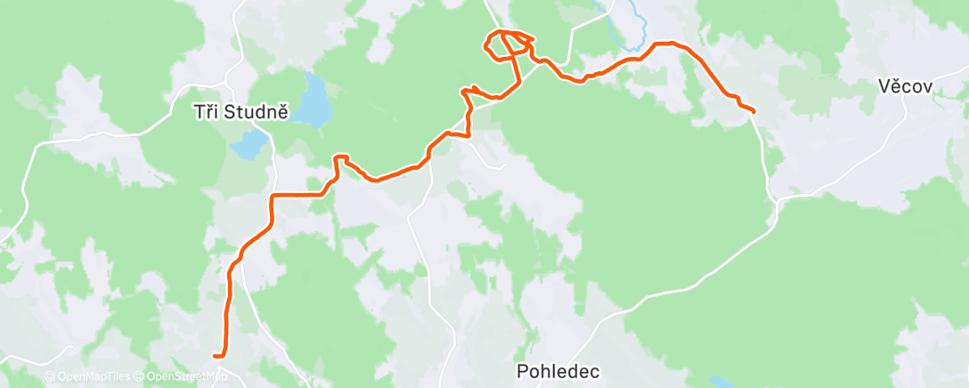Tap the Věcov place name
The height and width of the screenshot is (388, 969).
(904, 87)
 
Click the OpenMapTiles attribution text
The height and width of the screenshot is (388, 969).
(92, 377)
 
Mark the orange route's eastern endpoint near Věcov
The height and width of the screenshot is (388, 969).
(753, 111)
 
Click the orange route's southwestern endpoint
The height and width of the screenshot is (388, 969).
(216, 356)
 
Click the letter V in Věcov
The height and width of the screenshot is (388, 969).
(883, 87)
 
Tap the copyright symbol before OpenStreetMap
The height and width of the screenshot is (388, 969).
(140, 377)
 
